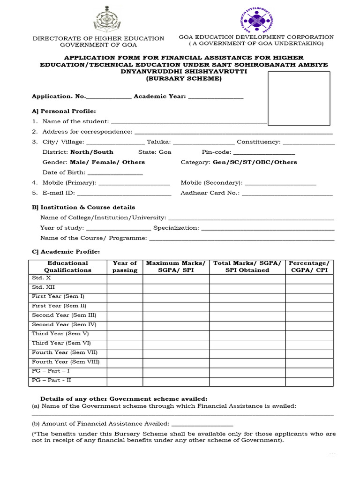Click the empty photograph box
(298, 98)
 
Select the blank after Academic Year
(216, 97)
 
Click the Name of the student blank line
(188, 122)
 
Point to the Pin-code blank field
(264, 152)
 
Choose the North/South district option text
(91, 152)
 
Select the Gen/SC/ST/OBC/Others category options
(255, 162)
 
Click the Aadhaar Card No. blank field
(287, 193)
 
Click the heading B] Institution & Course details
(83, 207)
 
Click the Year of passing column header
(125, 266)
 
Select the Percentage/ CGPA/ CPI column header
(309, 266)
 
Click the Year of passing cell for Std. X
(125, 278)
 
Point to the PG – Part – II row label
(52, 380)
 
